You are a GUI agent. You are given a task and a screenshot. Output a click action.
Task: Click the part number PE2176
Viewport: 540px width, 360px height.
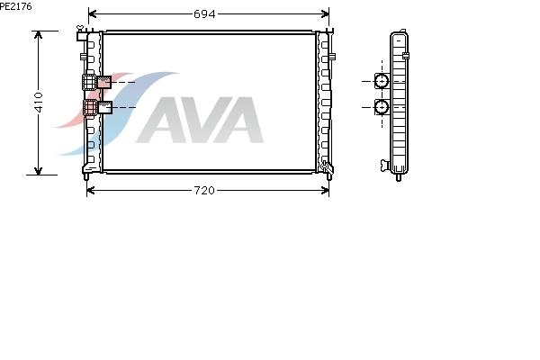(16, 6)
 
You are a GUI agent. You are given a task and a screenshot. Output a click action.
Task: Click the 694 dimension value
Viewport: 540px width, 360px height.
(204, 14)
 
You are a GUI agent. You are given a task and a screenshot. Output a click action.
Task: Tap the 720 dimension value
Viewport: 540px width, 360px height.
(204, 191)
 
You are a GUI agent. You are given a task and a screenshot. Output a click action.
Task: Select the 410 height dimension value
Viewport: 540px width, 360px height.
(39, 103)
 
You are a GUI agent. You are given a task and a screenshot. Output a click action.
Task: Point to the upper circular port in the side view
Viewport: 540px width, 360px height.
(382, 81)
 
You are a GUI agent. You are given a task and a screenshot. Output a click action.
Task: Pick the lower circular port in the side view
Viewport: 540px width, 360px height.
(382, 107)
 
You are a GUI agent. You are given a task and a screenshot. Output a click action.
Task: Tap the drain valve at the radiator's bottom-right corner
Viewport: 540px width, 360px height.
(326, 166)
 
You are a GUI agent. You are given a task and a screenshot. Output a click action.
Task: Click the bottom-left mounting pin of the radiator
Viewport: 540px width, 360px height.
(86, 176)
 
